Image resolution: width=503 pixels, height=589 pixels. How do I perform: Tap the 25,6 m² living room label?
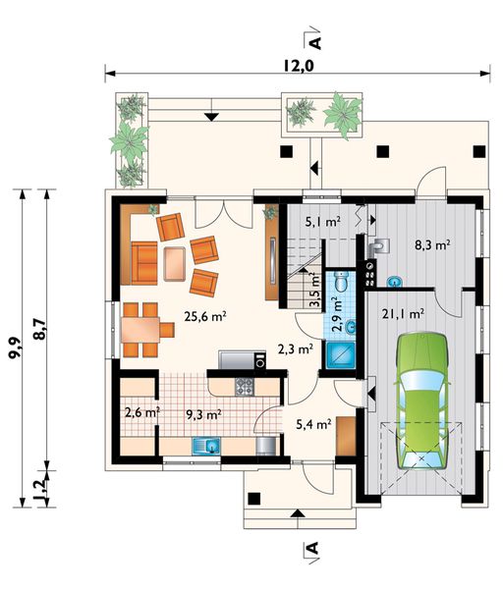pos(205,317)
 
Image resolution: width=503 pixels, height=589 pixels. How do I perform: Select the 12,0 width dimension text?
pos(298,66)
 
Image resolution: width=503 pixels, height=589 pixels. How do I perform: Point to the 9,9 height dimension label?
pos(15,348)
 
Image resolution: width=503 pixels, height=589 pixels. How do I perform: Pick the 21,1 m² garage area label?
pos(404,314)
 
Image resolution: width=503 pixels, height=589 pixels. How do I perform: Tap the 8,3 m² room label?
pos(432,245)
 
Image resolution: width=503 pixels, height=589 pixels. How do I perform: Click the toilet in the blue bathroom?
pos(342,282)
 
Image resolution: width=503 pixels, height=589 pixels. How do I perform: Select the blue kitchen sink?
pos(206,447)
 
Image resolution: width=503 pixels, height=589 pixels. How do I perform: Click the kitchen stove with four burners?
pos(245,387)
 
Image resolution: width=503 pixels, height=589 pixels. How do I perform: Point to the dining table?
pos(140,330)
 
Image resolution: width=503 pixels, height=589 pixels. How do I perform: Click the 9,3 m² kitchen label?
pos(203,414)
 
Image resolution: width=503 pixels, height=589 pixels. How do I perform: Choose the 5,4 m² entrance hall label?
pos(313,424)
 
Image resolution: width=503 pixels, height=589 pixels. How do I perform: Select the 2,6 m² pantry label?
pos(142,413)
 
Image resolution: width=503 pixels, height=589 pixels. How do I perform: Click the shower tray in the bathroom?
pos(340,354)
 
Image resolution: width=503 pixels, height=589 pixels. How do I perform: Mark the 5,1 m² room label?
pos(323,222)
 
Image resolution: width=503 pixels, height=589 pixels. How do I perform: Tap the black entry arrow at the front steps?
pos(298,513)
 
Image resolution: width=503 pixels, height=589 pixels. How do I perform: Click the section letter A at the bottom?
pos(313,549)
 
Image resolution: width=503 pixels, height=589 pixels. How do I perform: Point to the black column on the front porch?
pos(254,499)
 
